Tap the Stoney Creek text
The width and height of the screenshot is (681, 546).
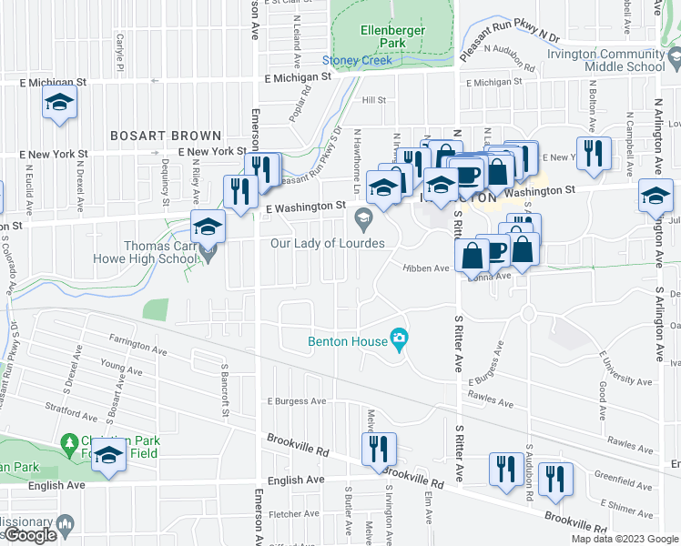coord(357,61)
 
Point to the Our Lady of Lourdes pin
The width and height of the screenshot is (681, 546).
coord(363,217)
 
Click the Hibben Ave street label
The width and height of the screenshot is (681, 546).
coord(427,268)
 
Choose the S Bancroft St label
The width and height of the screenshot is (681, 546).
coord(224,392)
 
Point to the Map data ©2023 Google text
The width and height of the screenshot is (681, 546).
coord(625,539)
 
